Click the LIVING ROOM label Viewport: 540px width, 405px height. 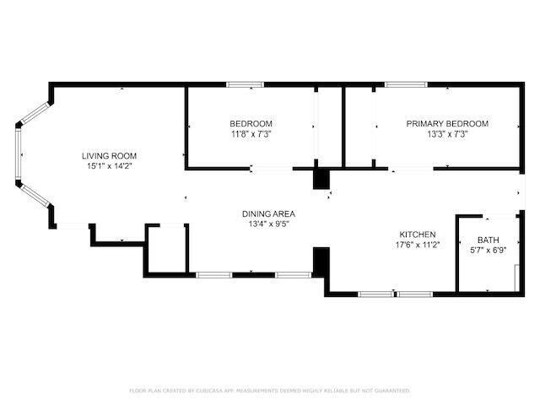(109, 155)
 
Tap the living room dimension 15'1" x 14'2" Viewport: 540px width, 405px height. (109, 166)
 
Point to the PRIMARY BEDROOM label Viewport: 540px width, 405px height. (447, 123)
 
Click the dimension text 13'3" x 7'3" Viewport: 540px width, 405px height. (447, 133)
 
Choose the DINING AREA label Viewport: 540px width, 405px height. (268, 214)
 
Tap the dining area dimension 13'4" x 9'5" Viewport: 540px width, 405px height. (268, 224)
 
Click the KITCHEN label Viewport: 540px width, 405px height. (417, 235)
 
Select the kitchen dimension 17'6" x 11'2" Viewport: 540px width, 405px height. (417, 246)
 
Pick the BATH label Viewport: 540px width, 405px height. (488, 240)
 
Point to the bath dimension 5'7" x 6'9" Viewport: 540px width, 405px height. (488, 251)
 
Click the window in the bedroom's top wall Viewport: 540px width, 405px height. (245, 84)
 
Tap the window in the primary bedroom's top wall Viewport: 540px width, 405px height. (406, 84)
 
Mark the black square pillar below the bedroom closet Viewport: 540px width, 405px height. (321, 179)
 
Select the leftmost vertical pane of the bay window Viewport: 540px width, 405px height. (18, 154)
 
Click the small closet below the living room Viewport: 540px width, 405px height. (166, 249)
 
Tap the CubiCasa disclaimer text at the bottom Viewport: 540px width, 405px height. (269, 391)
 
